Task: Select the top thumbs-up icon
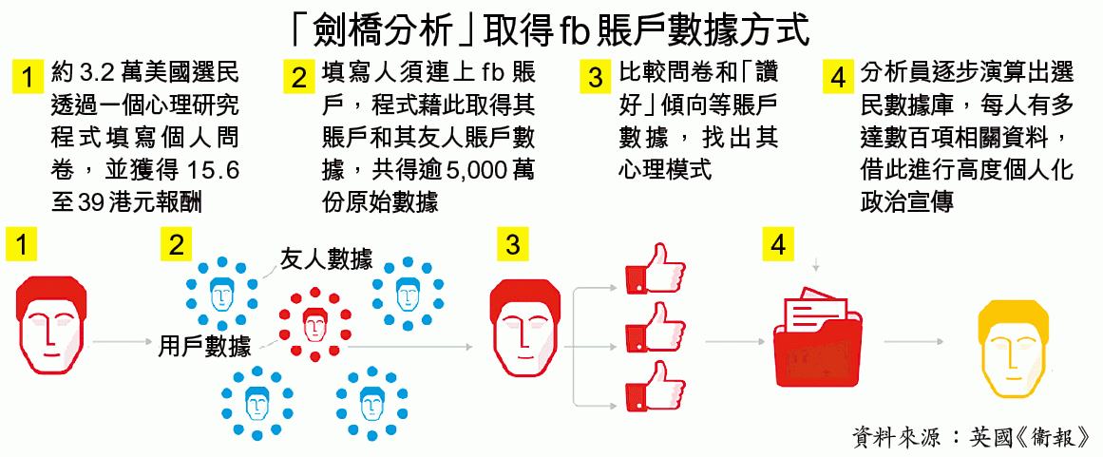(x=654, y=268)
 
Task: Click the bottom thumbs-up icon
(x=654, y=385)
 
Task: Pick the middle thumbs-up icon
(x=654, y=327)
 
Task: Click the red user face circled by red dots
(x=314, y=324)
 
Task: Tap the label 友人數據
(x=326, y=259)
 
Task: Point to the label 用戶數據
(x=204, y=346)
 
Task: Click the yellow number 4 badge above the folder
(x=778, y=245)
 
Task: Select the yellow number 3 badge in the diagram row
(x=513, y=245)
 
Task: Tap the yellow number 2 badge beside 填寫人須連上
(x=299, y=76)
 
